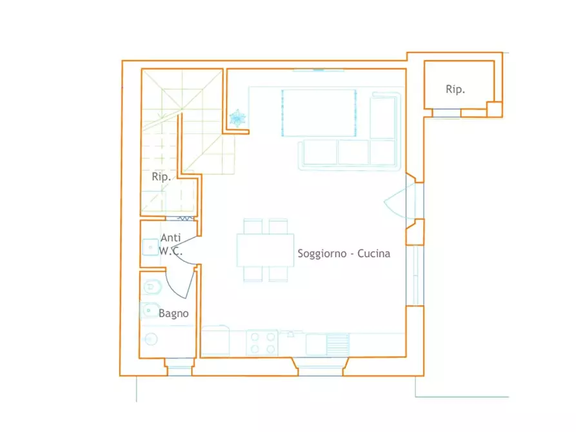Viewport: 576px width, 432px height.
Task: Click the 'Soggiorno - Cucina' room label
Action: coord(344,253)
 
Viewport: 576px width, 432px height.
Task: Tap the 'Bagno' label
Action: coord(174,313)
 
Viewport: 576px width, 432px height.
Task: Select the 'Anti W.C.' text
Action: coord(170,244)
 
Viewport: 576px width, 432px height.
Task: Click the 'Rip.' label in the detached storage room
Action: coord(455,89)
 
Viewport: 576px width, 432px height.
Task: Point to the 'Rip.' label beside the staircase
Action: coord(161,177)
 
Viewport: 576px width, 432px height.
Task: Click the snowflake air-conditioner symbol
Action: coord(237,118)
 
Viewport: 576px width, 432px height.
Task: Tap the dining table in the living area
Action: coord(265,250)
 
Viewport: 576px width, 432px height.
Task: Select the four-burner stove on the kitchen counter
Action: coord(263,343)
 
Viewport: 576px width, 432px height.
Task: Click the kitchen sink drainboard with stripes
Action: coord(337,344)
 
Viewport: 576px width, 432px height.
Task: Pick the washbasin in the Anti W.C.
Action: coord(150,247)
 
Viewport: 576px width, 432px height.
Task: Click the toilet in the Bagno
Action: coord(152,287)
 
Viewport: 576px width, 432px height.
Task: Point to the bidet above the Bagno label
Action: coord(150,310)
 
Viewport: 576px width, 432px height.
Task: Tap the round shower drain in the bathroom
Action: coord(151,339)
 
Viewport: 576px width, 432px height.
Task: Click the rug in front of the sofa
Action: coord(319,112)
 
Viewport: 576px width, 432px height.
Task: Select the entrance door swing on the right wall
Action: coord(400,201)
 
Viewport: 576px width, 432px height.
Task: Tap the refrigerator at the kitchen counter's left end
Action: coord(215,340)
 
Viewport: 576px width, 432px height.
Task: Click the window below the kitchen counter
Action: coord(320,368)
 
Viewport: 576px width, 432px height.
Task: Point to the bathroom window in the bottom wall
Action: coord(179,368)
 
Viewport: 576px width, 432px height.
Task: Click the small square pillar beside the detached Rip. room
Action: coord(495,110)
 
